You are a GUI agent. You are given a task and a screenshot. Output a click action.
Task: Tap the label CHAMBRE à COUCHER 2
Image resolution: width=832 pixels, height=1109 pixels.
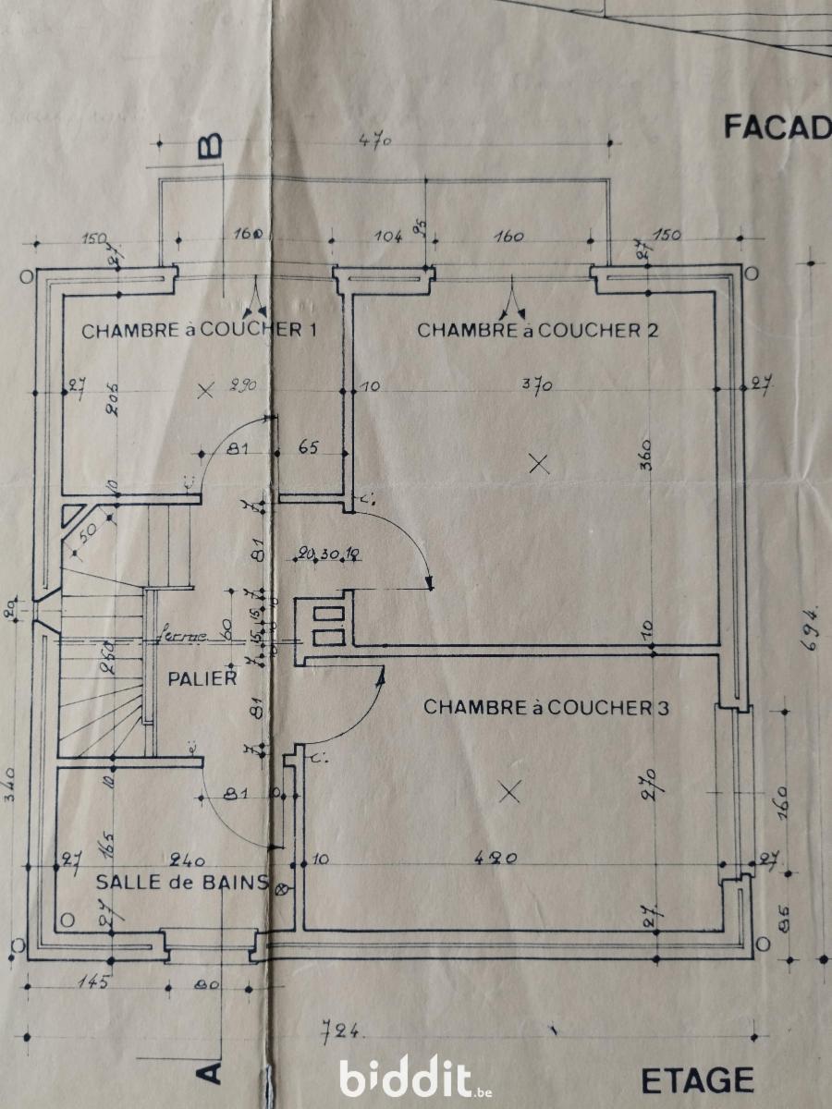[x=537, y=330]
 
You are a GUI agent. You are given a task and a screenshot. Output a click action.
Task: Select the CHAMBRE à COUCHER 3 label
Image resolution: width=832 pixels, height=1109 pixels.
[x=545, y=707]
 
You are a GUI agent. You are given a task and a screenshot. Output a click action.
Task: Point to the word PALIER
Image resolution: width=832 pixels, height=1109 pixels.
[x=202, y=678]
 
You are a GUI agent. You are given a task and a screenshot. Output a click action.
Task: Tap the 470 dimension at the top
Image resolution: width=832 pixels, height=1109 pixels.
[x=377, y=141]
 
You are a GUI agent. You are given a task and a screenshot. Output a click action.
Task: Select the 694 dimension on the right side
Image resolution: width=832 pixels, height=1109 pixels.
[x=813, y=630]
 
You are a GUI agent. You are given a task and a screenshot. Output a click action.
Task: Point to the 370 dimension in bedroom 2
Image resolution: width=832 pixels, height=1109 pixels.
[x=537, y=385]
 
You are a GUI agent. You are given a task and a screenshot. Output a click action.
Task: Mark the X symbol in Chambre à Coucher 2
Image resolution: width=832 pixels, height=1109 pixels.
[x=539, y=464]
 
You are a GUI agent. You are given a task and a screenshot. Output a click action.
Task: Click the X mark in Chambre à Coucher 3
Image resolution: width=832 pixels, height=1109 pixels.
[x=508, y=791]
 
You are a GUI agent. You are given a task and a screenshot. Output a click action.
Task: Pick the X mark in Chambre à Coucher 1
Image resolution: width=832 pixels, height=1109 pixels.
[x=205, y=392]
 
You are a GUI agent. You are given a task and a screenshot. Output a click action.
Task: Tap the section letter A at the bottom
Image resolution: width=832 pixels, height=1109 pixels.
[x=212, y=1072]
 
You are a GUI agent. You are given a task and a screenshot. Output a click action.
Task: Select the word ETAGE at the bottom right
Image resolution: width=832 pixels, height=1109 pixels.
[x=697, y=1079]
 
